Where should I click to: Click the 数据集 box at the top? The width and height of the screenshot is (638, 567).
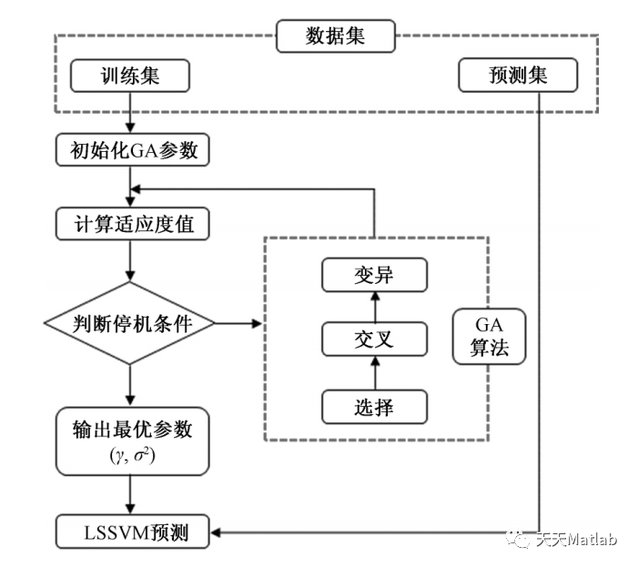[x=337, y=37]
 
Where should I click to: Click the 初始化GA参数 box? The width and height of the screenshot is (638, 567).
[x=133, y=151]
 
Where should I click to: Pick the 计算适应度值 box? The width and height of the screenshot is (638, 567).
[x=133, y=223]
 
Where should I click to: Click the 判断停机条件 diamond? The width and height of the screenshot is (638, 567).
[x=133, y=323]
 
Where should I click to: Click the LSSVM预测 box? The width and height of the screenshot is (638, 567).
[x=133, y=531]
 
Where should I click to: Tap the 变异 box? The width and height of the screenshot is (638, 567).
[x=374, y=274]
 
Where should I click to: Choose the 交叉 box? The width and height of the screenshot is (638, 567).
[x=374, y=339]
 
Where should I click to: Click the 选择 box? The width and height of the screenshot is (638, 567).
[x=374, y=406]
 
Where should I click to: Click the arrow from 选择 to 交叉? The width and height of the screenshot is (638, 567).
[x=374, y=373]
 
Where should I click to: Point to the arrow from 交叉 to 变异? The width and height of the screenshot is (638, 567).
[x=374, y=307]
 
